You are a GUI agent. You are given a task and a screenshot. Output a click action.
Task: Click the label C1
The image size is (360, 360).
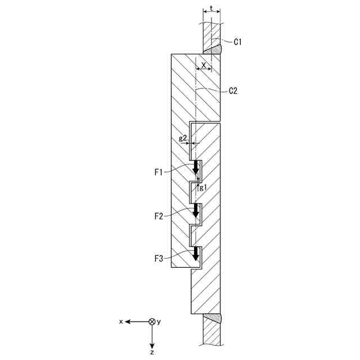tap(237, 42)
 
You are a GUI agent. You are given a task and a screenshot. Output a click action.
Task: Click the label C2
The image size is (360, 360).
tap(233, 91)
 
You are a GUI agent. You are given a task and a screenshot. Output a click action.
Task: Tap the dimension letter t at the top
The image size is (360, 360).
tap(211, 8)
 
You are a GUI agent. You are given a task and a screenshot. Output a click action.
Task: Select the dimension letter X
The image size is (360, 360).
tap(204, 65)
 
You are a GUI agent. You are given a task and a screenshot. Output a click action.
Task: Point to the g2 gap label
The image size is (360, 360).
tap(183, 138)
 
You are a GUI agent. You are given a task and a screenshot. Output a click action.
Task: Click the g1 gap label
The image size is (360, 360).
tap(203, 188)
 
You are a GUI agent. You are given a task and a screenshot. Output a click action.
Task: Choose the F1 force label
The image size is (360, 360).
tap(159, 173)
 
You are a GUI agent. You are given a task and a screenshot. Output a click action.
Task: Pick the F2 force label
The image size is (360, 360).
tap(159, 216)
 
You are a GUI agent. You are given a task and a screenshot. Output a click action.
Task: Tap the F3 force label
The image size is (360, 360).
tap(159, 259)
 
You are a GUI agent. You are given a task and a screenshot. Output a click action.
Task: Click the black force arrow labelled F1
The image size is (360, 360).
tap(196, 168)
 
